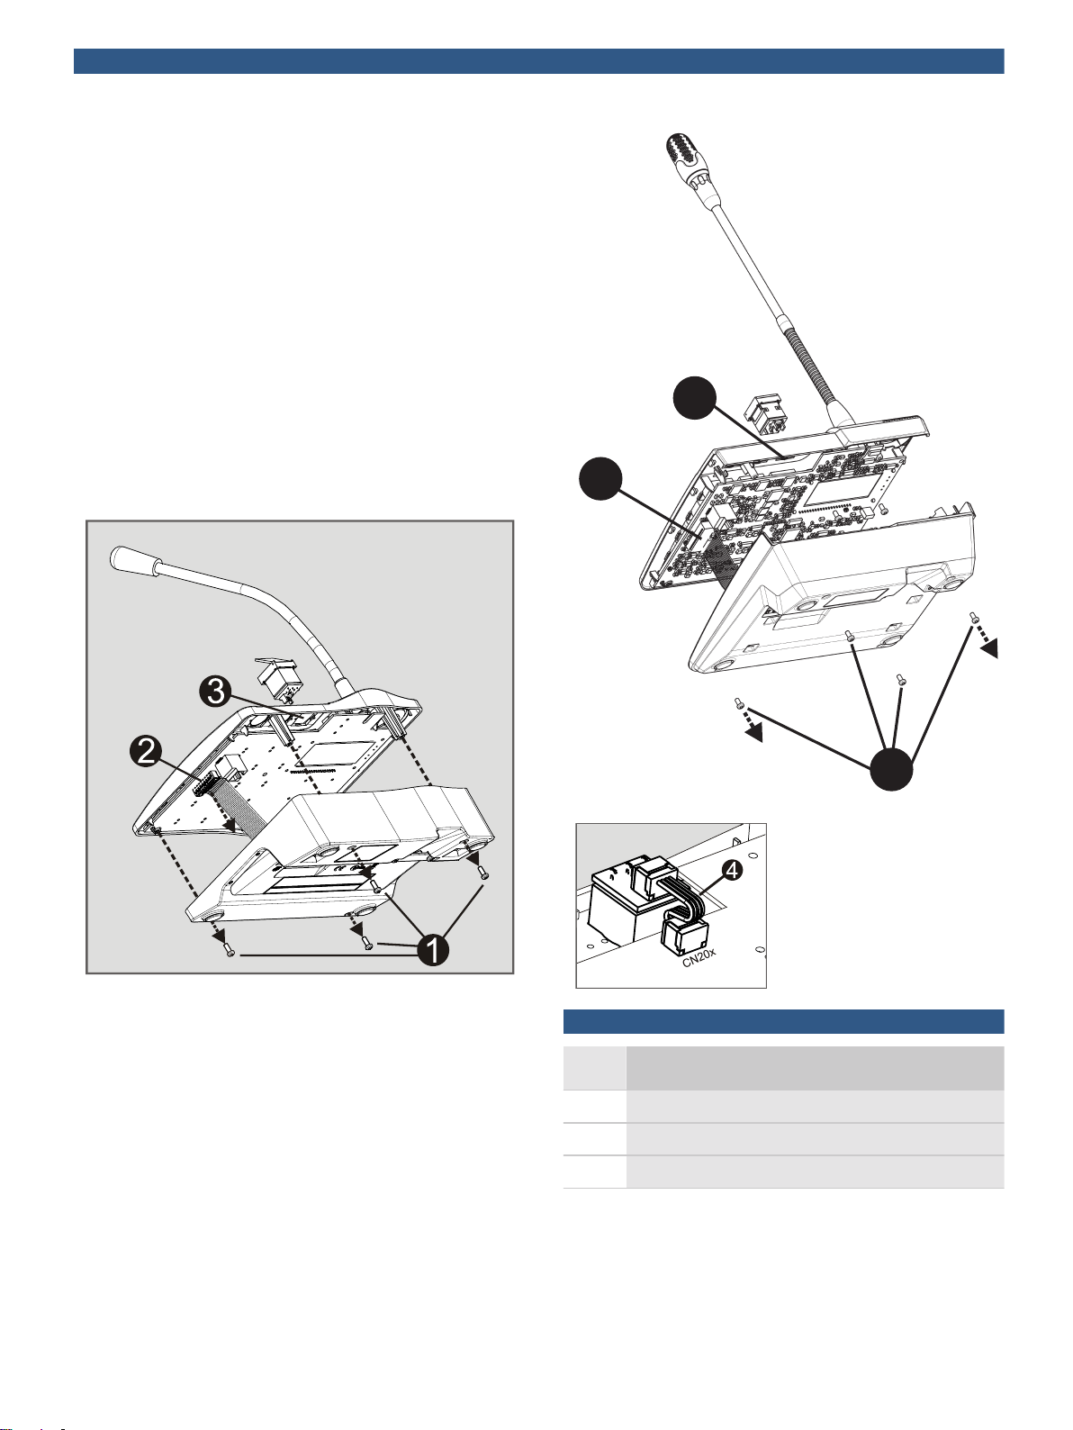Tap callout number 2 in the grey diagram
click(146, 751)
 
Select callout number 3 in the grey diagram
click(215, 691)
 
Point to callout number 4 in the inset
click(733, 871)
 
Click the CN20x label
click(699, 957)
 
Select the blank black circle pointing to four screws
click(891, 769)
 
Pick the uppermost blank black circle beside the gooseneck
click(695, 397)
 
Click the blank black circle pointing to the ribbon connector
click(601, 479)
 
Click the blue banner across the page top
click(538, 61)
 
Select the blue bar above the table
click(783, 1021)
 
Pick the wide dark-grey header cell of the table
click(816, 1068)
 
